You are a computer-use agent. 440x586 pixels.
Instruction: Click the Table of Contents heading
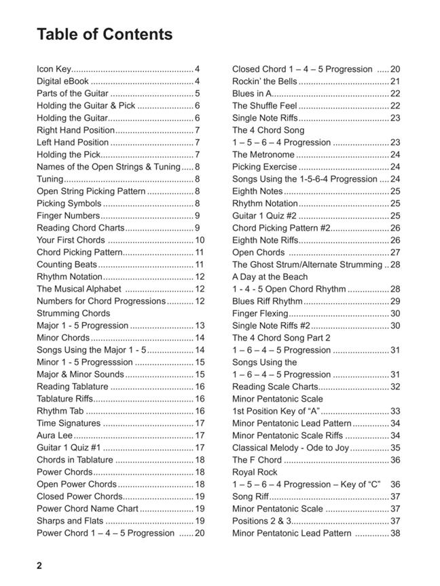point(105,35)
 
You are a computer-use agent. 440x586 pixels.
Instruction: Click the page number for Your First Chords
point(200,240)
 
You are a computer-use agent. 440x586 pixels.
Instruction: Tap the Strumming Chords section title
point(73,313)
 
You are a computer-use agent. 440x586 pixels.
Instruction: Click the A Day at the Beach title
point(270,277)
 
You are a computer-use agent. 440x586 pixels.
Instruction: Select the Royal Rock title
point(255,472)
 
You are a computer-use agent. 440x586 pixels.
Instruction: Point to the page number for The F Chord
point(395,460)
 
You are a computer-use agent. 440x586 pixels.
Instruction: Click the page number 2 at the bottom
point(39,566)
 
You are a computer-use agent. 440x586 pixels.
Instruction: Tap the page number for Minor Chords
point(200,338)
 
